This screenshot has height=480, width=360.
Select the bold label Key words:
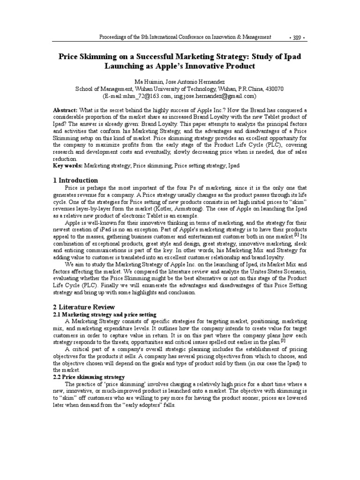67,166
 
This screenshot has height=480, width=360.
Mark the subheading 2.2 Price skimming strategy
88,377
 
